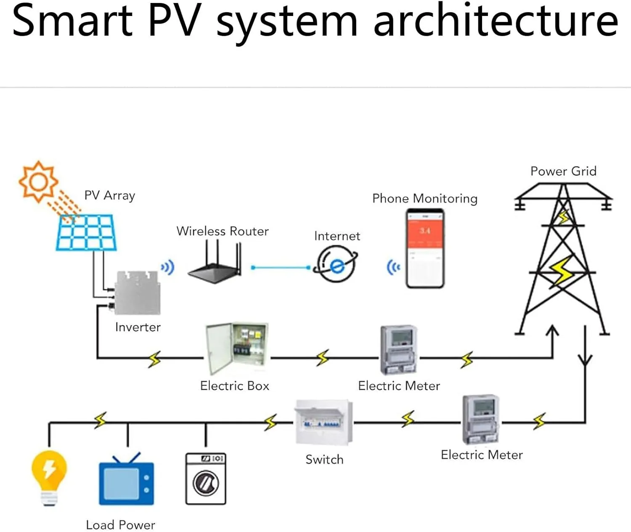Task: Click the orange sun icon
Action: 38,181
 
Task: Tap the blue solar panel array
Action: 86,233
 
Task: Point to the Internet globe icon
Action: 336,264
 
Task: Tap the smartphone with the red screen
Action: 425,248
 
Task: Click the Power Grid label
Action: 563,171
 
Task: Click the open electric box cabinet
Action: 236,348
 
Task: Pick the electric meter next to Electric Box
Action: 399,349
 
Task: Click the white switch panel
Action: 323,422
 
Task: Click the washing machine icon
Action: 206,479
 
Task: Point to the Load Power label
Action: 120,525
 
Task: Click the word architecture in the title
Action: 496,21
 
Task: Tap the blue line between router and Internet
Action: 281,267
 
